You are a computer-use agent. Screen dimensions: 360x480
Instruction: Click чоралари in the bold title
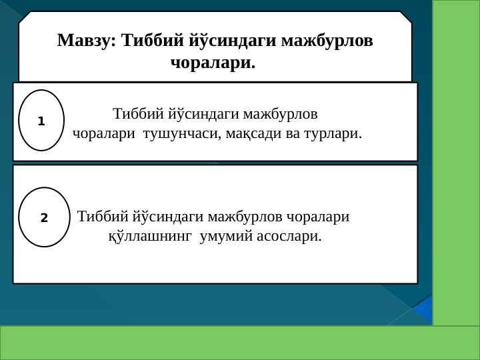(x=213, y=64)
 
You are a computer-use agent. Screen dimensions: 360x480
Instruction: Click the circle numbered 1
(x=41, y=121)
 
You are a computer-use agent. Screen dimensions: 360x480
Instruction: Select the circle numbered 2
(x=44, y=217)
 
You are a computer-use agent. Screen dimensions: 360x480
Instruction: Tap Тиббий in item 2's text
(x=102, y=217)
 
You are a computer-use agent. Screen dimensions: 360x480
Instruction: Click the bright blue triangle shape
(x=424, y=309)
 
